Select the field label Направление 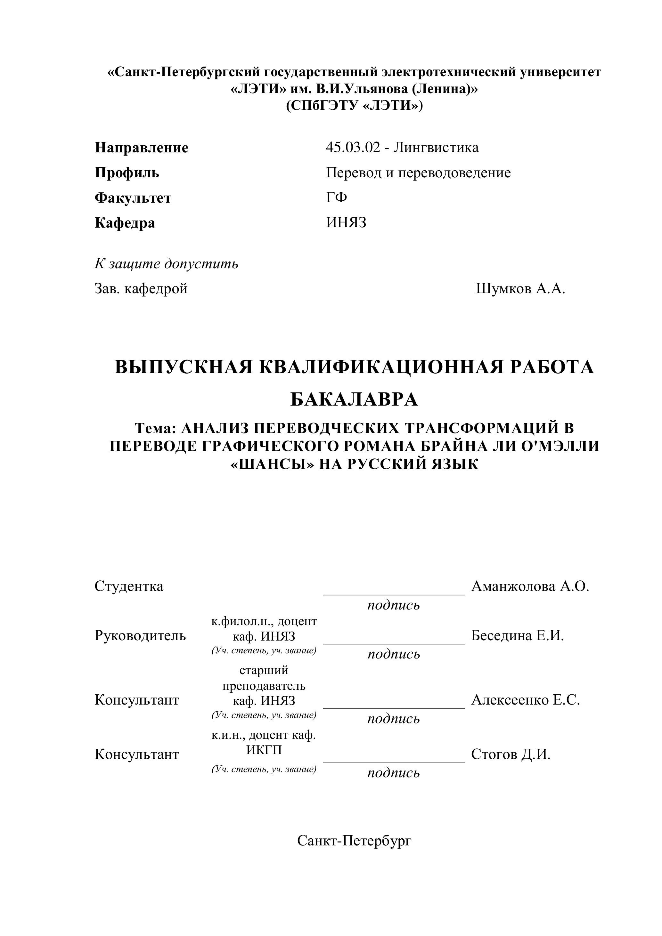pos(142,148)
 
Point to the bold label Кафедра pos(125,223)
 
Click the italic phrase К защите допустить pos(167,264)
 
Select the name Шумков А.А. pos(520,289)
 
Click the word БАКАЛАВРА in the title pos(354,399)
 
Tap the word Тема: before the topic pos(155,428)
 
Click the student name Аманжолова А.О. pos(530,586)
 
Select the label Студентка pos(129,586)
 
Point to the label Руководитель pos(140,635)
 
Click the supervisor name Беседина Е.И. pos(517,635)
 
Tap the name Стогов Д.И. pos(511,754)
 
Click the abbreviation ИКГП pos(264,750)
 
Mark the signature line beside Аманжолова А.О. pos(394,594)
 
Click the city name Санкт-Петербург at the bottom pos(354,841)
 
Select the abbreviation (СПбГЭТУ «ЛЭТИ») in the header pos(354,106)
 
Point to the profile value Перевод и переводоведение pos(418,173)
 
